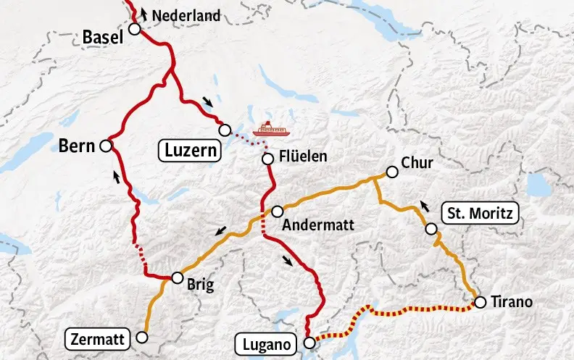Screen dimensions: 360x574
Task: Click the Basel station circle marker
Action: coord(134,29)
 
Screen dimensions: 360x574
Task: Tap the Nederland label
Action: coord(186,14)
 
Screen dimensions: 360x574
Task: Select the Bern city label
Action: coord(78,146)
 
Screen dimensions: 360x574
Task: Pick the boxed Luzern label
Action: coord(189,151)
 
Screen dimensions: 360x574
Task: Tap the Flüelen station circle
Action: coord(267,159)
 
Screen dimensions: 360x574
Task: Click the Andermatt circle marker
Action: coord(277,211)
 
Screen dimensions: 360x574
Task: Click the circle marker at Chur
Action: coord(392,172)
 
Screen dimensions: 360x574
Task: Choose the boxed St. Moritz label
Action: coord(480,214)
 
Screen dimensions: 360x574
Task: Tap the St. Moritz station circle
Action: coord(431,229)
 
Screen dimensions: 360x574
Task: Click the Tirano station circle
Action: coord(479,302)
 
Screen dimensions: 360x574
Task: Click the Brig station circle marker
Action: coord(177,277)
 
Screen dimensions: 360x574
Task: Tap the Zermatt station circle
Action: coord(142,337)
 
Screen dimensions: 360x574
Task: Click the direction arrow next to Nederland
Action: coord(143,12)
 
